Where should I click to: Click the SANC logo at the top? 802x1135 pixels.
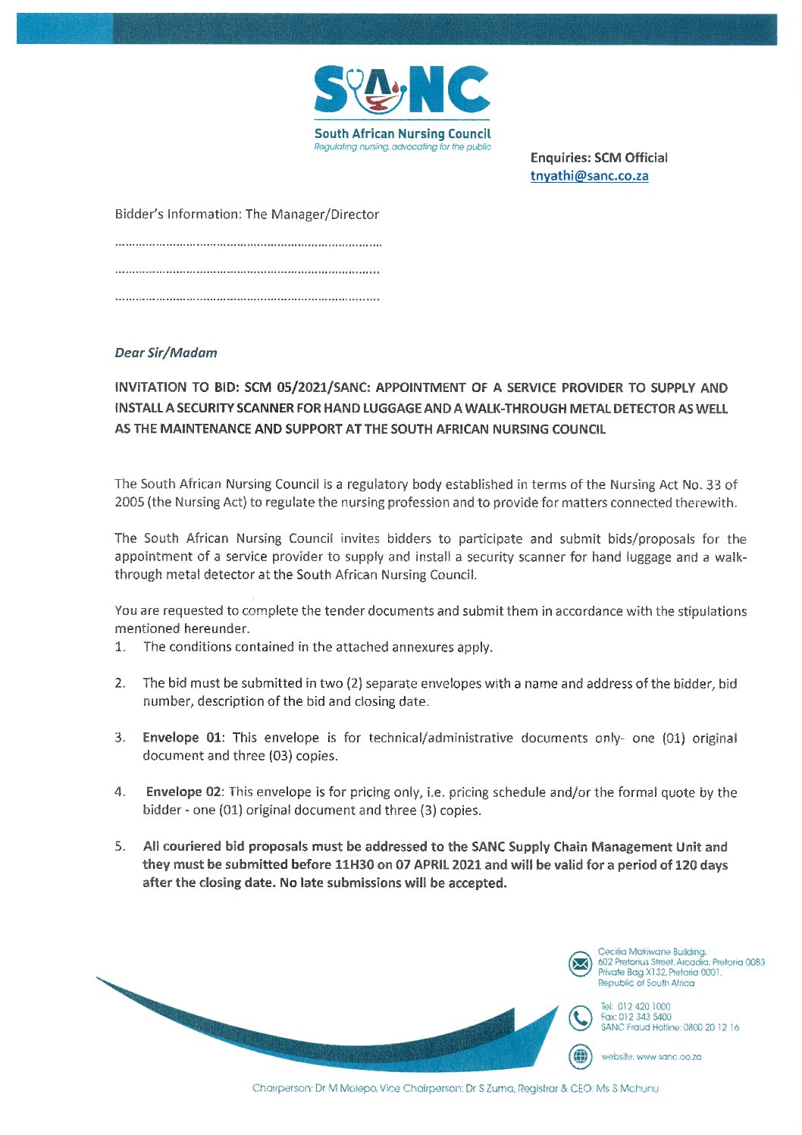click(402, 91)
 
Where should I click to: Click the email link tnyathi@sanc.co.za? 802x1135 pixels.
click(589, 176)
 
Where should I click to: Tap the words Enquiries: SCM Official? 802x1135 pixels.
click(599, 158)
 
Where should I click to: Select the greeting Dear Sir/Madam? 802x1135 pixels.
click(165, 353)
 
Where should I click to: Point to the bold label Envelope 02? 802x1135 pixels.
click(184, 792)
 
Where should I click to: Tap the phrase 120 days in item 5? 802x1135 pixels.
click(701, 865)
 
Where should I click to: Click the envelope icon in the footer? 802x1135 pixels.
click(580, 964)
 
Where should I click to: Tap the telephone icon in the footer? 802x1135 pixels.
click(580, 1017)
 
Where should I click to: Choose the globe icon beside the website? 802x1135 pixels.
click(580, 1055)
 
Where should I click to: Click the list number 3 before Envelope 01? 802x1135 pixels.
click(119, 738)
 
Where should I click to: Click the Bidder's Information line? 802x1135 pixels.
click(246, 215)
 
